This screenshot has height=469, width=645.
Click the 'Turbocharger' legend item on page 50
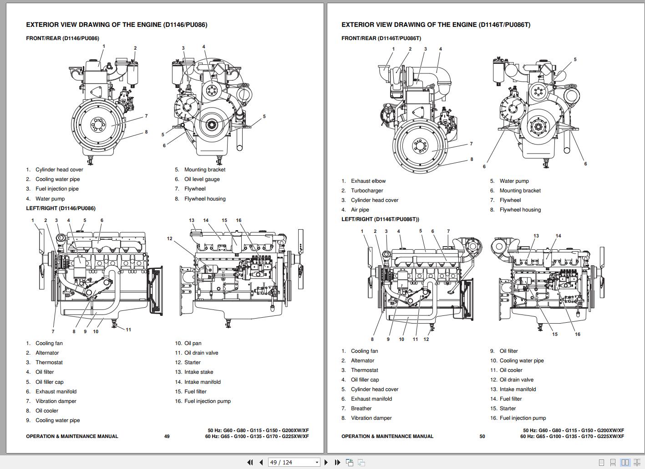(x=366, y=191)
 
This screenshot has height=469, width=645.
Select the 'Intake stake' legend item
(x=198, y=372)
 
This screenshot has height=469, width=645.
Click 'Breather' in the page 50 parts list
(x=361, y=408)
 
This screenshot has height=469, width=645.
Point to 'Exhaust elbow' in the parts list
(x=368, y=181)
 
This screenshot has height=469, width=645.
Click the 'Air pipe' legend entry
(x=360, y=210)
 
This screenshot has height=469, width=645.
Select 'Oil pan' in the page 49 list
(x=193, y=343)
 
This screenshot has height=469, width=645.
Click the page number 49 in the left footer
(x=167, y=436)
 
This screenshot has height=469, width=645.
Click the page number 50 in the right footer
(x=482, y=436)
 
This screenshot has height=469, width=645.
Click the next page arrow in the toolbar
(x=326, y=462)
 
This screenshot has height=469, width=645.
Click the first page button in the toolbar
(x=250, y=462)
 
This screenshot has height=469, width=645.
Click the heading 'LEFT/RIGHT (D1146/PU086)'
(x=61, y=208)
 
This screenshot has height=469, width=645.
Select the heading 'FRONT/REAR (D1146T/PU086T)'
(x=381, y=38)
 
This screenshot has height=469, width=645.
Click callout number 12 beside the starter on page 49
(x=169, y=238)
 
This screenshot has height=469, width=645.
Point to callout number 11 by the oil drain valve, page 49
(x=128, y=330)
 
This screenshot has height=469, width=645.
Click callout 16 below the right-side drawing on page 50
(x=577, y=334)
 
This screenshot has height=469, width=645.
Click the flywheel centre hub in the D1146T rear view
(x=419, y=146)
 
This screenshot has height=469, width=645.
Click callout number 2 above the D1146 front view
(x=135, y=48)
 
